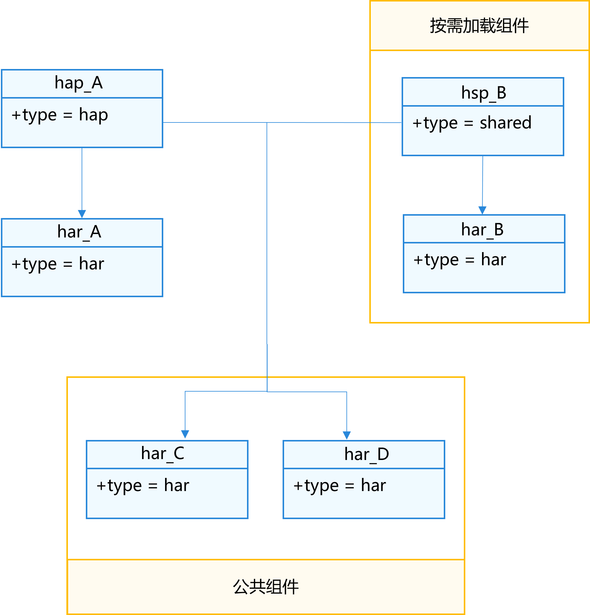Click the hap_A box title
pos(79,83)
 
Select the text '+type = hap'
pos(60,115)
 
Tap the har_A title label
pos(79,232)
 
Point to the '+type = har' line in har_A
pos(58,264)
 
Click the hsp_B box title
pos(484,93)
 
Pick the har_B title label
pos(482,230)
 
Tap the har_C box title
pos(162,454)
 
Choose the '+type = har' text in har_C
pos(143,486)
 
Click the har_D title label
pos(366,454)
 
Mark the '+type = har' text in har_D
pos(339,486)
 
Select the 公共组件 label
pos(266,587)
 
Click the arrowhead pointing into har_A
pos(82,214)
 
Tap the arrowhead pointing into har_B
pos(482,210)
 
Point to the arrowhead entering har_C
pos(185,434)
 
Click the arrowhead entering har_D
pos(347,435)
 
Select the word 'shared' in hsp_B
pos(505,123)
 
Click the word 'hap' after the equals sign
pos(93,115)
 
